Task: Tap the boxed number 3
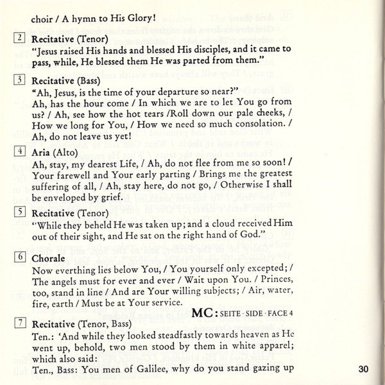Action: [19, 80]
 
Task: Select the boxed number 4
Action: [19, 152]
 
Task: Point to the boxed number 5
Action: [19, 212]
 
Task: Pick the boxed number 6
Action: [19, 257]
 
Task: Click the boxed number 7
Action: [19, 323]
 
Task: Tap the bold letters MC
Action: [205, 313]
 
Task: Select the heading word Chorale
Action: [50, 257]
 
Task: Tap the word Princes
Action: [273, 280]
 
